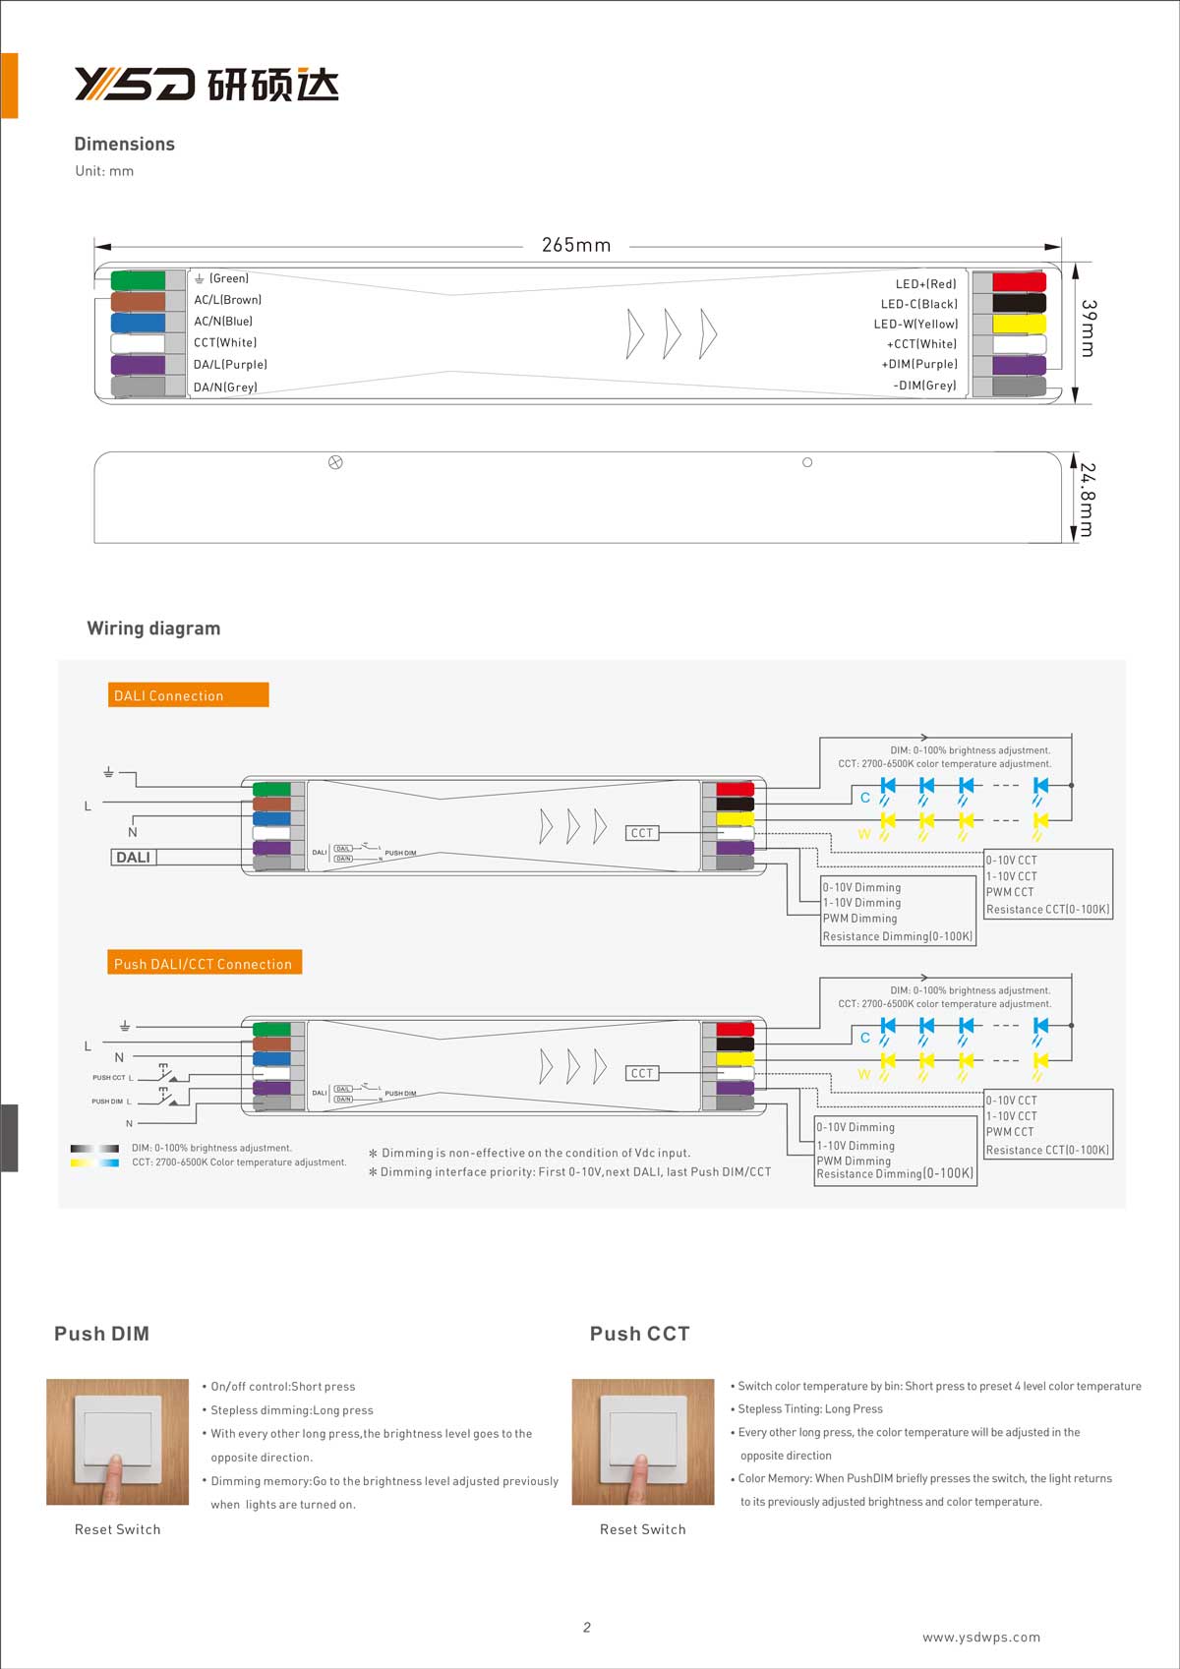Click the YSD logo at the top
[206, 85]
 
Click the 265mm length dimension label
[576, 245]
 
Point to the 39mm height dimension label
[1088, 328]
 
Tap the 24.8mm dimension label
[1087, 500]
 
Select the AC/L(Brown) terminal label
[227, 300]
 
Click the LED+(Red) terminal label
[925, 284]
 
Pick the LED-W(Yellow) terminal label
[915, 324]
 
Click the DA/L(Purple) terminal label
[230, 365]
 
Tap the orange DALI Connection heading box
[188, 695]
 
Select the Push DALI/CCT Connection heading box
[204, 963]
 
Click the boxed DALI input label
[133, 858]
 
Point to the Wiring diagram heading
[153, 628]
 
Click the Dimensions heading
[124, 144]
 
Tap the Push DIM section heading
[101, 1334]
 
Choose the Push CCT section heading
[639, 1334]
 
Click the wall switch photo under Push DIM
[117, 1441]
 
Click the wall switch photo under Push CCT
[643, 1441]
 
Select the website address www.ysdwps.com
[980, 1637]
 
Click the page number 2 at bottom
[587, 1627]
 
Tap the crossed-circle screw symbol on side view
[335, 462]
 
